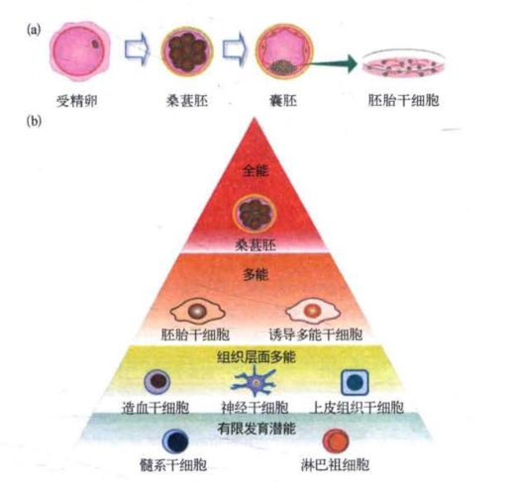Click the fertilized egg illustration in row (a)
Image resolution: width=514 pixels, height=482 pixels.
point(79,51)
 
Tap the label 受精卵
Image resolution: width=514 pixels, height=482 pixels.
point(77,101)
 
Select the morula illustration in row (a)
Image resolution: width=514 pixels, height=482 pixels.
point(187,51)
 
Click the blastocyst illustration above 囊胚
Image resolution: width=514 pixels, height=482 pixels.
point(284,50)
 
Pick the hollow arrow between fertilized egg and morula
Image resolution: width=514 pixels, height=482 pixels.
point(136,48)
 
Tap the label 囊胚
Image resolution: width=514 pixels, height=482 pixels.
point(283,101)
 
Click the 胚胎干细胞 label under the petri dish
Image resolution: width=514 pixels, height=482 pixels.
point(403,100)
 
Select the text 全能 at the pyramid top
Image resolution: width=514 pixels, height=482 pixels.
point(256,170)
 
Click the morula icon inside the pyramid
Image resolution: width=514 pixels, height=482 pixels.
point(255,213)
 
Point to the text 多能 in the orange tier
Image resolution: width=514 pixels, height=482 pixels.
point(256,274)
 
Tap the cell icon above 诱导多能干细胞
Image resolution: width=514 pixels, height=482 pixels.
point(312,310)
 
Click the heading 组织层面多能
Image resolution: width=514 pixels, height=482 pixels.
point(257,357)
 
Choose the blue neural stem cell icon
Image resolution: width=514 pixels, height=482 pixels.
point(254,382)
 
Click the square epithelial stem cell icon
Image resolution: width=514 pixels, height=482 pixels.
point(355,382)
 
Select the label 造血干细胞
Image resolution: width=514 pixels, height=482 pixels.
point(155,408)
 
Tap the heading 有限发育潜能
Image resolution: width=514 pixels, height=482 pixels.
point(257,429)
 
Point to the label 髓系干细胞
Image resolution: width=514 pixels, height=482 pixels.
point(173,465)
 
